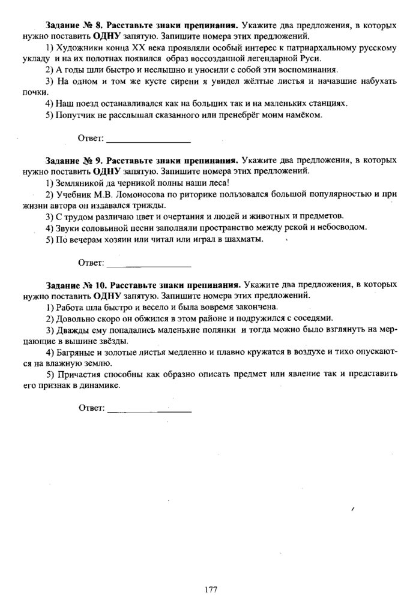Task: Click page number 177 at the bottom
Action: [x=210, y=589]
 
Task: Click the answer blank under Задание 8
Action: [x=148, y=140]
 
